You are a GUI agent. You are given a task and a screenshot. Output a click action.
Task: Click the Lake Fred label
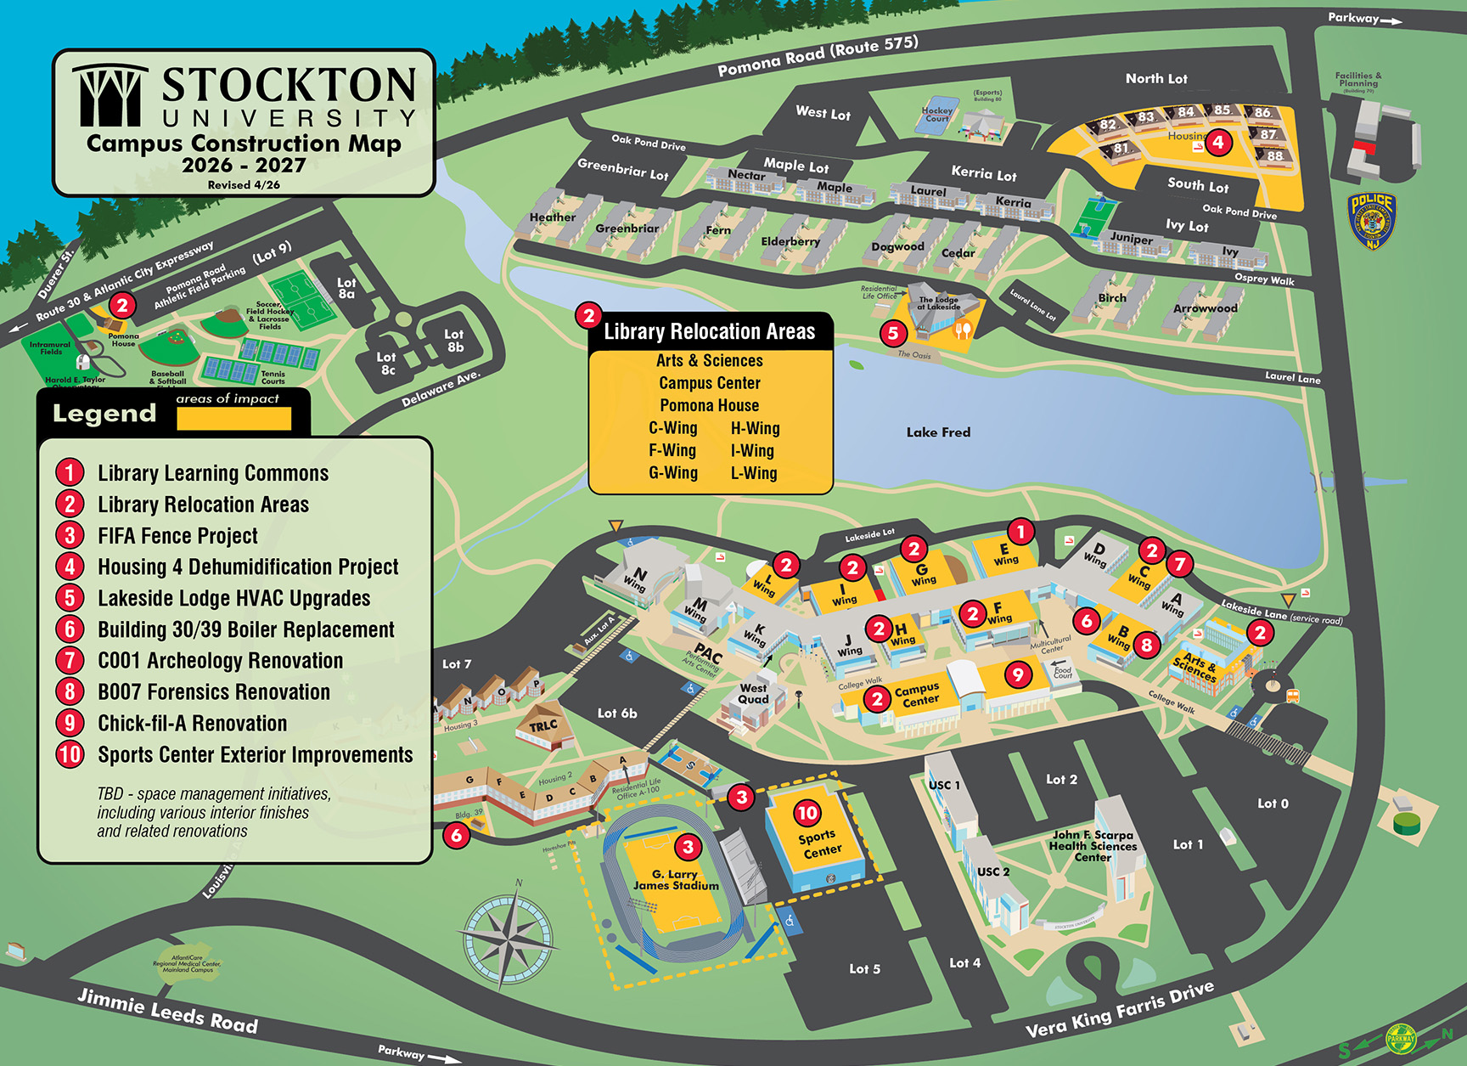938,432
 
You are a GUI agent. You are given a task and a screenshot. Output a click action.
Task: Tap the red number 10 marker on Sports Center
807,813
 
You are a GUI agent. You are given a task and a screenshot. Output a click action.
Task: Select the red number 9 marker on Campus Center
1018,675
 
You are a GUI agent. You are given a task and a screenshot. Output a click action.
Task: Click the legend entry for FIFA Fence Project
177,536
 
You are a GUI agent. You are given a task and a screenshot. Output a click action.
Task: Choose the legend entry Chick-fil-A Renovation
192,724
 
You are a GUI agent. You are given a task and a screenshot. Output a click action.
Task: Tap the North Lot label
1156,78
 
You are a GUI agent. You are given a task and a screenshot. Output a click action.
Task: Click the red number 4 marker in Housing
1218,142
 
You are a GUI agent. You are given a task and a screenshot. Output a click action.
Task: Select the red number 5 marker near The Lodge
892,333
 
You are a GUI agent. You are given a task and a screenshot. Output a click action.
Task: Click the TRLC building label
543,725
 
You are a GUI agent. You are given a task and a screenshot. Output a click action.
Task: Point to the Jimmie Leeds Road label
167,1011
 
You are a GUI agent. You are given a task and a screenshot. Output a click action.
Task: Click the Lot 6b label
616,713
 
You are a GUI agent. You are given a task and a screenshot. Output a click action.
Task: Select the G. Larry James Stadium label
676,880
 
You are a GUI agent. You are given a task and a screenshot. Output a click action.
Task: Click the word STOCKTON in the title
289,86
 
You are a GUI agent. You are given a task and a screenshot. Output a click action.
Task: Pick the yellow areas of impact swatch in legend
233,418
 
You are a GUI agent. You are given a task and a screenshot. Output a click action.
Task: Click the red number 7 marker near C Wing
1179,563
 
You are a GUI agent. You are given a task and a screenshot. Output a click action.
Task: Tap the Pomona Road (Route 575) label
818,55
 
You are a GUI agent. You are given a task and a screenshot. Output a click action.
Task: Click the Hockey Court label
936,115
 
